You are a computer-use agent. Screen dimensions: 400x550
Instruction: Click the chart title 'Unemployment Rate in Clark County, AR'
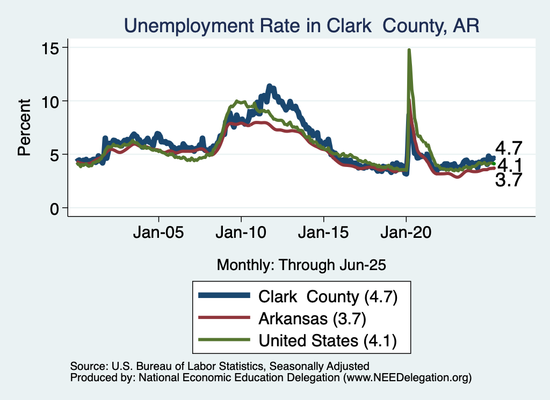pyautogui.click(x=301, y=25)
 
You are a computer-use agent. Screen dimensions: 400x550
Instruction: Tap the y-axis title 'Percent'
pyautogui.click(x=24, y=127)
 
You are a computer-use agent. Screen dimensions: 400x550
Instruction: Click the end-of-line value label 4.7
pyautogui.click(x=509, y=148)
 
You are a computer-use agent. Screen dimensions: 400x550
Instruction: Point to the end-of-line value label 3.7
pyautogui.click(x=509, y=180)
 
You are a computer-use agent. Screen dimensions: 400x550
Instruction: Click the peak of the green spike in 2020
pyautogui.click(x=409, y=50)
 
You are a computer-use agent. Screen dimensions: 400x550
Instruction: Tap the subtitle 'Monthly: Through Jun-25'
pyautogui.click(x=301, y=264)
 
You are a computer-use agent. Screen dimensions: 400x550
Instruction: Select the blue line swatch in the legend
pyautogui.click(x=224, y=296)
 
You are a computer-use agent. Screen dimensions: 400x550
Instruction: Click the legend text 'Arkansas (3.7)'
pyautogui.click(x=312, y=318)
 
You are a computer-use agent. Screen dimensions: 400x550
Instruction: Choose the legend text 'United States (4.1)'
pyautogui.click(x=328, y=340)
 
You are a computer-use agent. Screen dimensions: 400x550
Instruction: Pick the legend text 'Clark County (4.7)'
pyautogui.click(x=328, y=296)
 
